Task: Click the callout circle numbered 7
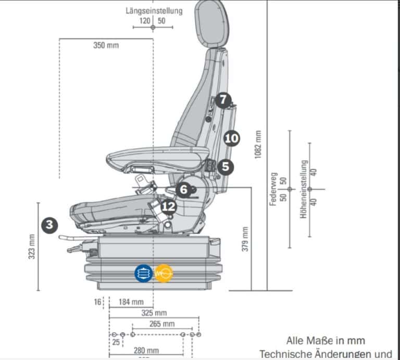(223, 100)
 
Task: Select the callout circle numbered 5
(226, 167)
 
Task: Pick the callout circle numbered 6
(182, 190)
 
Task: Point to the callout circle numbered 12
(169, 207)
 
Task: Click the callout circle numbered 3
(49, 225)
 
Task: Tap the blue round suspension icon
(144, 273)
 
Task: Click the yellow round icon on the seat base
(164, 273)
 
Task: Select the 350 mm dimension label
(106, 45)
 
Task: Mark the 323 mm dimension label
(32, 246)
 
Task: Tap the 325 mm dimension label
(154, 313)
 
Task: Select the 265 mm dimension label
(161, 324)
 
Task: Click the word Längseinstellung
(154, 11)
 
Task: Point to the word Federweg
(272, 190)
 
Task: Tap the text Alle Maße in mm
(326, 341)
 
